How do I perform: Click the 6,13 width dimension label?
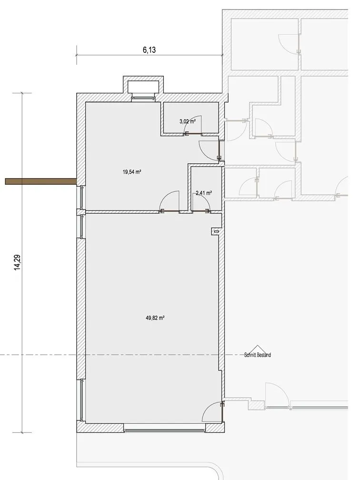coord(149,50)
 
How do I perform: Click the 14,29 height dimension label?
coord(17,262)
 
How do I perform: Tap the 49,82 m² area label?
coord(155,318)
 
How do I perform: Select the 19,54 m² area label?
coord(131,172)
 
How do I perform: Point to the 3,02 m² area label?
coord(187,121)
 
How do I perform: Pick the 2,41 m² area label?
coord(204,193)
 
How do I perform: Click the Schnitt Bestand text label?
coord(258,355)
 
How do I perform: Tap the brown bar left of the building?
coord(41,181)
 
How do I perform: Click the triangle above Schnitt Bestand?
coord(258,350)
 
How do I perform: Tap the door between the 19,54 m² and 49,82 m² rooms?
coord(169,201)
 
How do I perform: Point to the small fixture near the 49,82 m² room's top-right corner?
coord(216,232)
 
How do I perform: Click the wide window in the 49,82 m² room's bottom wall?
coord(164,428)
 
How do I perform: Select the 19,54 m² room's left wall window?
coord(82,198)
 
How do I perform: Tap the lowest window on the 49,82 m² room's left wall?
coord(82,400)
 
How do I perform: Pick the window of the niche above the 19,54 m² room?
coord(143,99)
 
